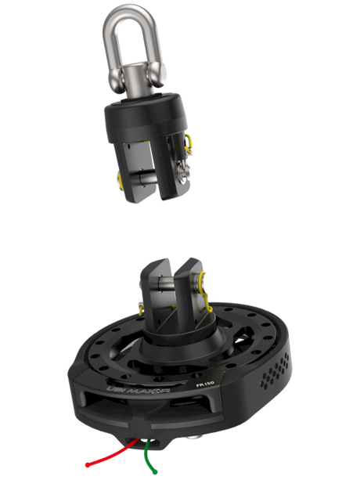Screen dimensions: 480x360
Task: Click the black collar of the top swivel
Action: (146, 117)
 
